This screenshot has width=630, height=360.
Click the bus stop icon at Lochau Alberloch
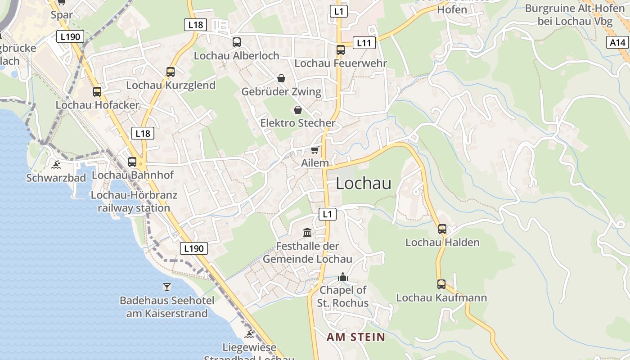237,42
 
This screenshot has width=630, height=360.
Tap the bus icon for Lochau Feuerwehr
341,50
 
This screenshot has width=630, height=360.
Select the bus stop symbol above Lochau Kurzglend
171,72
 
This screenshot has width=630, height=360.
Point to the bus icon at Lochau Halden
442,229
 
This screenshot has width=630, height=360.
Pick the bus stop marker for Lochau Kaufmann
441,284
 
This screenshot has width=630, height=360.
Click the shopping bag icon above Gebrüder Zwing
281,79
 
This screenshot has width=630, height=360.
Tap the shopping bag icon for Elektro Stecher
297,110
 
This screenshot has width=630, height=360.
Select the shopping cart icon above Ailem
315,150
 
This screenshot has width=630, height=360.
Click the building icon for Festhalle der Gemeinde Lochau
307,233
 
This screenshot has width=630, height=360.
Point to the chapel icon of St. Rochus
343,277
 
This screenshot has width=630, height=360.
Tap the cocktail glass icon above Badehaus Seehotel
167,287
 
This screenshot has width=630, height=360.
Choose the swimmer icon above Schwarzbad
56,165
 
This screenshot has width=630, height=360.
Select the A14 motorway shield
617,43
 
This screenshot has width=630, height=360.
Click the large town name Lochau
364,183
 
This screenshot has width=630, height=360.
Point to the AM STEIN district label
355,337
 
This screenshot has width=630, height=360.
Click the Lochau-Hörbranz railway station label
134,202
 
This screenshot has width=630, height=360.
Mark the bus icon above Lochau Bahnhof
132,162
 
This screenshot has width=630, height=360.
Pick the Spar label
62,15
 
